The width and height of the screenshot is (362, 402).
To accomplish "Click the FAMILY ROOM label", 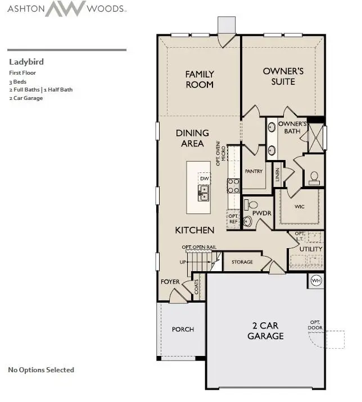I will pos(200,79).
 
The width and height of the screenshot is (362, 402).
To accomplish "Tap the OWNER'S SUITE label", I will pos(283,76).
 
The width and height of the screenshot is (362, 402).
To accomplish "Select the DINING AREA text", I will pos(192,138).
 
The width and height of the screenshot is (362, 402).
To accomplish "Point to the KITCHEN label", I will pos(194,230).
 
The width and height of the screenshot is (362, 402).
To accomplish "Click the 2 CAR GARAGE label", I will pos(265,331).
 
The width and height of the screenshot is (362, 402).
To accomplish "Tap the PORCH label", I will pos(183,329).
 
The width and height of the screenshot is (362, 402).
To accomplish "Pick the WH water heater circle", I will pos(316,281).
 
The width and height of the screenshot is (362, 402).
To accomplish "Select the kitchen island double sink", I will pos(203,194).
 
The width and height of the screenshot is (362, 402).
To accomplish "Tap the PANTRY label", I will pos(254,171).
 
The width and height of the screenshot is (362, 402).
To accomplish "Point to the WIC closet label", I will pos(300,206).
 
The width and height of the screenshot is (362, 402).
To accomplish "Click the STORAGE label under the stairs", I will pos(242,262).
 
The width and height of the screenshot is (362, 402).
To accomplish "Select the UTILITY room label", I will pos(310,249).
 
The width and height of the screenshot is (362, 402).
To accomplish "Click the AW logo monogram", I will pos(65,9).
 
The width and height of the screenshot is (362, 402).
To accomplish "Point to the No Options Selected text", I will pos(41,369).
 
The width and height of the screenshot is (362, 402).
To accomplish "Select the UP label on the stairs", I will pos(182,262).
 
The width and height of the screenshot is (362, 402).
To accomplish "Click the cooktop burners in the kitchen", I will pos(233,185).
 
